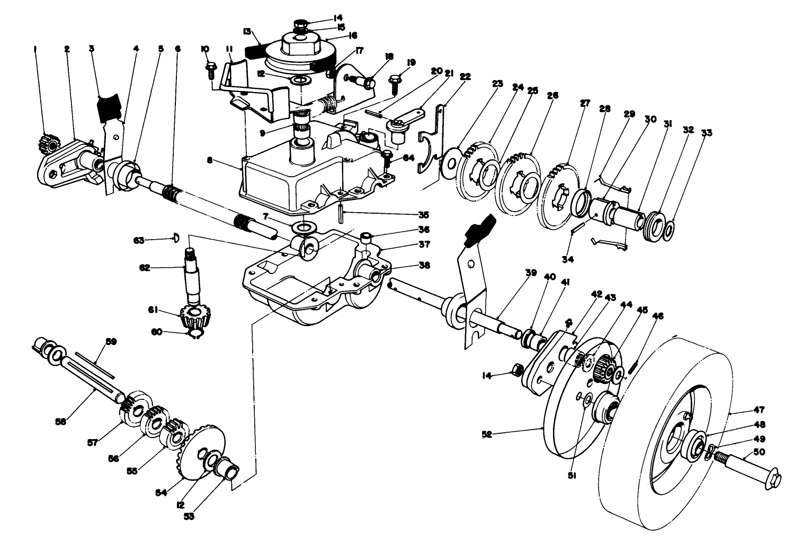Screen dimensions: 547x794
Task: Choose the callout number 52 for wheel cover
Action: [x=487, y=434]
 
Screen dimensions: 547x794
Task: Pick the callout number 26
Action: [x=552, y=95]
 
